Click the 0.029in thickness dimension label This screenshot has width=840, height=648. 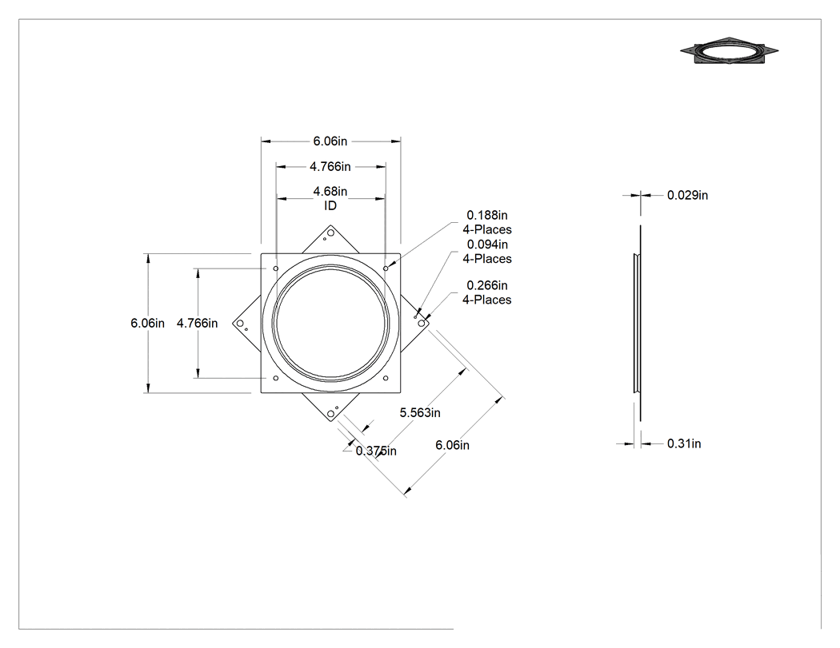687,195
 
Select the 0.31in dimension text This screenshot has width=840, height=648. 684,443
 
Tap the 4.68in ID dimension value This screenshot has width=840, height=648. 330,191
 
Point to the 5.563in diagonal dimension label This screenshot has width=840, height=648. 420,412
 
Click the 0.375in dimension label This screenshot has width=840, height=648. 376,451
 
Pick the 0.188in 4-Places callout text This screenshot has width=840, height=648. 487,222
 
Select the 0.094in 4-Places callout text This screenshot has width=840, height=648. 487,252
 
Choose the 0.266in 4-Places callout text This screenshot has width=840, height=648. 487,292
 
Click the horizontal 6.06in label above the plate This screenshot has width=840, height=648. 330,141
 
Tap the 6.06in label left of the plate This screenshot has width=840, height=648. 147,323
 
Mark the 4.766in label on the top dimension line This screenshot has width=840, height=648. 330,167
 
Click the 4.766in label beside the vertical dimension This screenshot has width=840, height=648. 197,323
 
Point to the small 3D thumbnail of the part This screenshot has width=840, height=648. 729,51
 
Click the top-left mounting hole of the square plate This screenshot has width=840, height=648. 276,268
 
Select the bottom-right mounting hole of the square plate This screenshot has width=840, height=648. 386,378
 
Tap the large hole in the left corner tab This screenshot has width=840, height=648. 239,323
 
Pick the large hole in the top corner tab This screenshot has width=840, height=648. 330,233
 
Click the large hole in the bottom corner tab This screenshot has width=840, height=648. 330,414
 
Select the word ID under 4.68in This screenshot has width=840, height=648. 330,205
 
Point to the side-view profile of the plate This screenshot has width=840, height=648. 638,323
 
